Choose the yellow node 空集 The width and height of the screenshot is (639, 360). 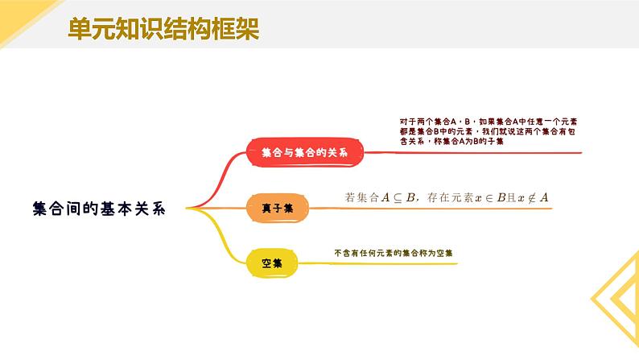[271, 262]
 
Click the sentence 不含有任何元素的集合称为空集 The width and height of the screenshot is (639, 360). [394, 252]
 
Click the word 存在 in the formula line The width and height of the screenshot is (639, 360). [436, 197]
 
